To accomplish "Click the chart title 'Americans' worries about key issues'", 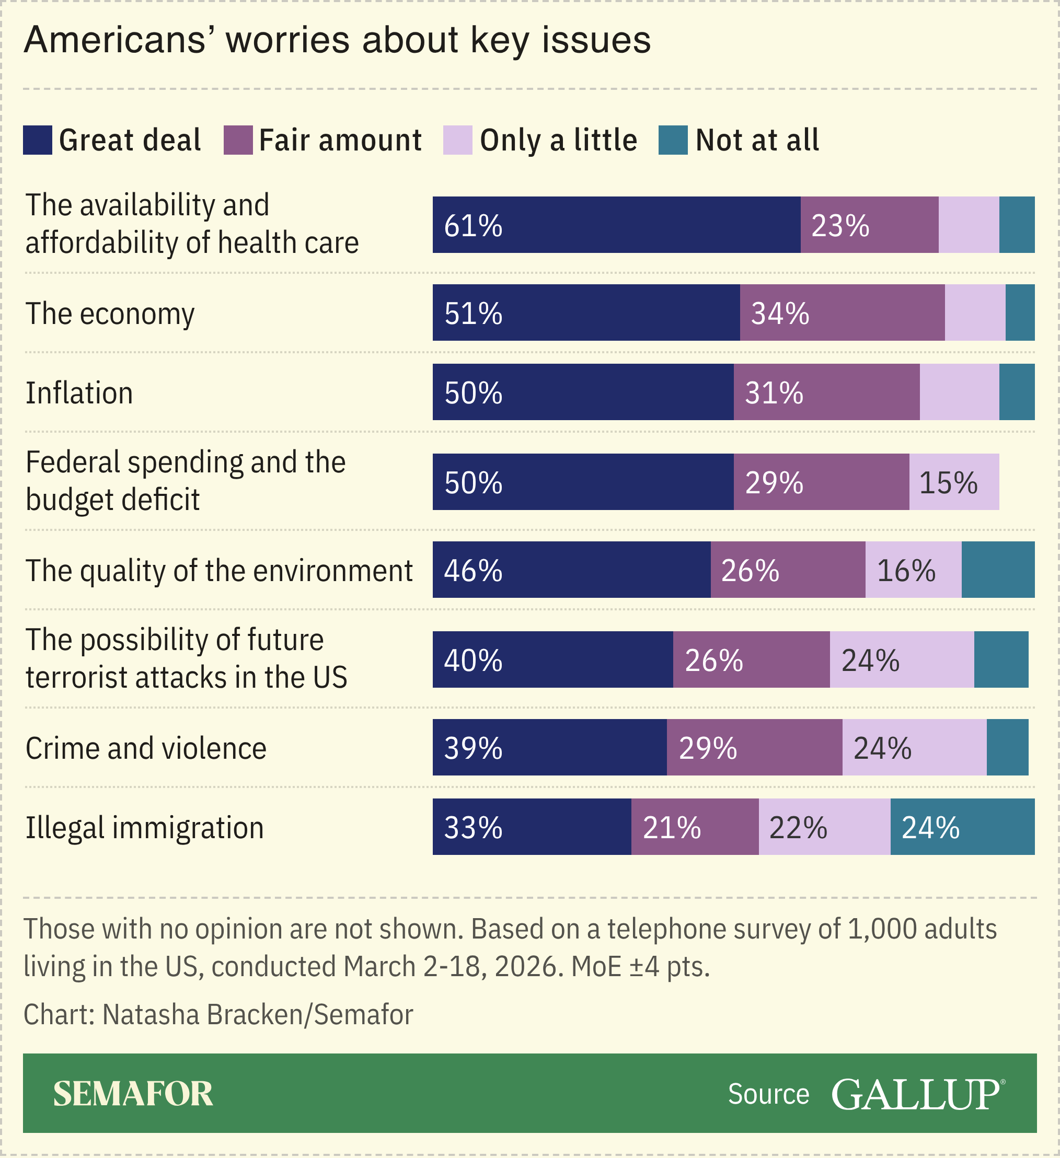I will pos(337,40).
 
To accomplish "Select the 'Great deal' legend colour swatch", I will pos(37,140).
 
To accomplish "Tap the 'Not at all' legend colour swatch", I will pos(673,140).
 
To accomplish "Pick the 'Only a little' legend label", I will pos(558,140).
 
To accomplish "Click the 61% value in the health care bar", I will pos(474,225).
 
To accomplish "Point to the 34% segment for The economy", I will pos(842,313).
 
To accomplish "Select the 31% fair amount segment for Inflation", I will pos(826,392).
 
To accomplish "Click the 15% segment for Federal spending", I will pos(954,482).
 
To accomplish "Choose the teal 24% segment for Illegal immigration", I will pos(962,827).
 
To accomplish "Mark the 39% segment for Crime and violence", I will pos(549,748).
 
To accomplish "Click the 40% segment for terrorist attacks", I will pos(552,660).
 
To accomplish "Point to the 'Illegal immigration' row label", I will pos(145,828).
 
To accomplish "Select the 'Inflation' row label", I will pos(79,393).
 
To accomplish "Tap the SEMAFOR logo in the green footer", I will pos(133,1094).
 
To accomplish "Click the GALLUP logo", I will pos(917,1094).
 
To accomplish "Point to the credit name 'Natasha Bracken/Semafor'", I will pos(257,1015).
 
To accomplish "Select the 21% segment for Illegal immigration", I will pos(695,827).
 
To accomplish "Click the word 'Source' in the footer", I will pos(768,1094).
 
